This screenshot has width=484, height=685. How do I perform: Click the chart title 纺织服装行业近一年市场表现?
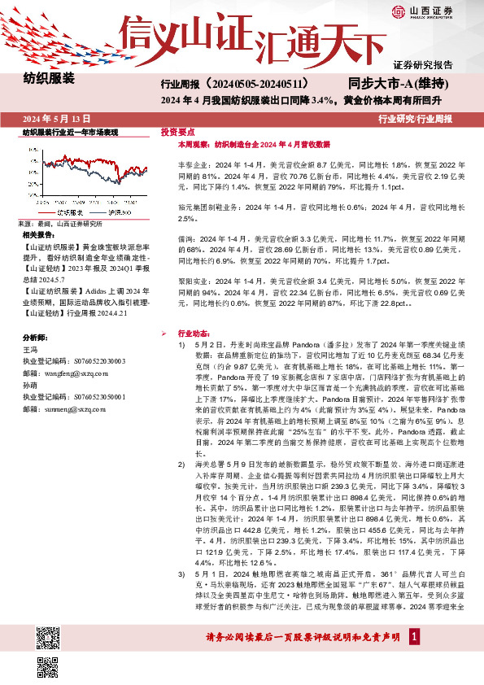[x=70, y=132]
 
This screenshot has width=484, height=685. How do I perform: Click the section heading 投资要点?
[x=177, y=131]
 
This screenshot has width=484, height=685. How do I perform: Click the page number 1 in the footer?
[x=413, y=665]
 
